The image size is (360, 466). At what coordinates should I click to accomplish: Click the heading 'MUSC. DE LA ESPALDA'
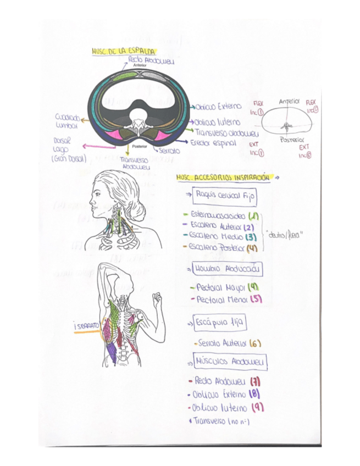[119, 51]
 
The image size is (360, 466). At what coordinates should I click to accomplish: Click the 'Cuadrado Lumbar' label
[68, 121]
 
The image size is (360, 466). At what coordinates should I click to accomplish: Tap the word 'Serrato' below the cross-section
[169, 150]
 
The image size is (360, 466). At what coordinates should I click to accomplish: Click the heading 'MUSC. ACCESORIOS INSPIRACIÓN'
[224, 178]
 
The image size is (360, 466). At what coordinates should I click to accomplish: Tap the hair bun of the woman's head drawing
[138, 209]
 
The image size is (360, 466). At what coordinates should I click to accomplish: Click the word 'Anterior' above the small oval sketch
[289, 102]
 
